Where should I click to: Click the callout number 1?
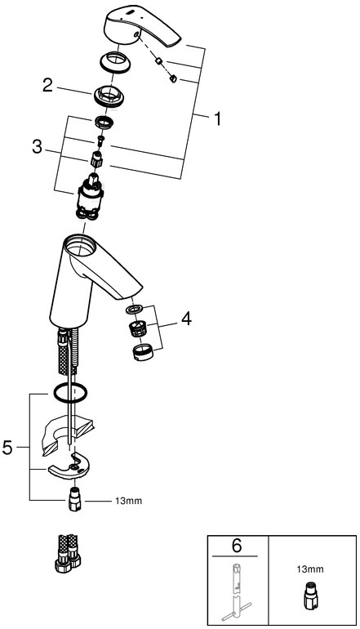(217, 119)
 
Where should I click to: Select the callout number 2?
(47, 85)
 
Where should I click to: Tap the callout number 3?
(37, 147)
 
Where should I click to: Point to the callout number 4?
(186, 319)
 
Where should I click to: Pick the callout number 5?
(7, 448)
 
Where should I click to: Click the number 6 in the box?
(237, 546)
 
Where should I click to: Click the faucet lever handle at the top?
(143, 28)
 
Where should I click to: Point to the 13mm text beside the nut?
(130, 501)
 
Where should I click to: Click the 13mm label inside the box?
(310, 569)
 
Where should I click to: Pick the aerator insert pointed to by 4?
(136, 328)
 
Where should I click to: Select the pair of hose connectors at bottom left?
(68, 552)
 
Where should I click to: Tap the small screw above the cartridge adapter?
(100, 140)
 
